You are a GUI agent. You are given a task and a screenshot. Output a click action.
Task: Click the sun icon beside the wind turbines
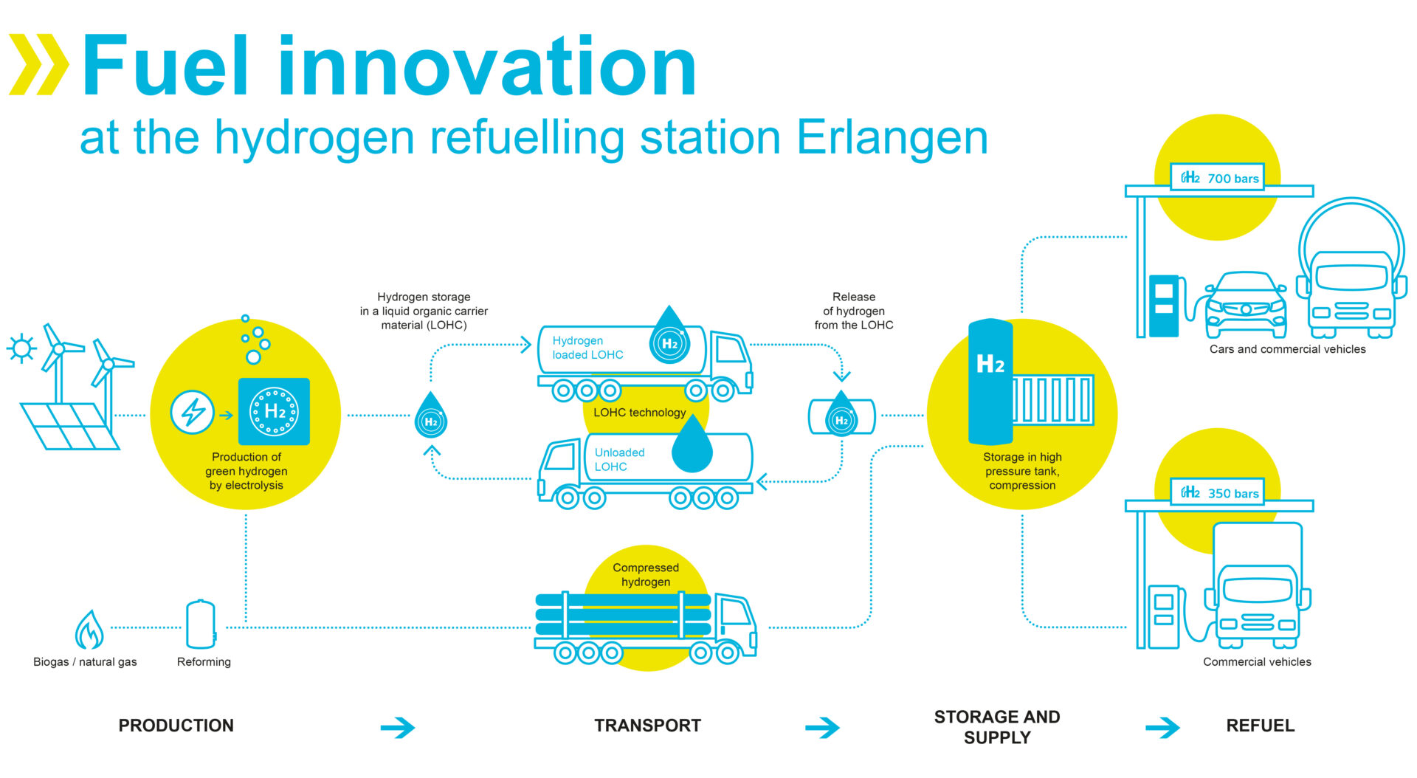click(21, 348)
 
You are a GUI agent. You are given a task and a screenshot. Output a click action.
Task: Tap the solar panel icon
click(70, 426)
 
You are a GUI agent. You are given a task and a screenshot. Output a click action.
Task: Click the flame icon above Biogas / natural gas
click(89, 630)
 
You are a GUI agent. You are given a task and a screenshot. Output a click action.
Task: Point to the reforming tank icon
click(201, 624)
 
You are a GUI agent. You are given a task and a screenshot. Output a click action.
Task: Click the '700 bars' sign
click(1217, 178)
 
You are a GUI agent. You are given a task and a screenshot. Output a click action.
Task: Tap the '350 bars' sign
click(1217, 492)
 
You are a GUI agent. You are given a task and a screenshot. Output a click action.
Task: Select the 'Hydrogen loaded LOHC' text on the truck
click(587, 348)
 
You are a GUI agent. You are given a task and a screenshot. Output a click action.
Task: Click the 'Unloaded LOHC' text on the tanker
click(619, 459)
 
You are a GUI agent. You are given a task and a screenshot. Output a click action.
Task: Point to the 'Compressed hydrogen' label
click(646, 574)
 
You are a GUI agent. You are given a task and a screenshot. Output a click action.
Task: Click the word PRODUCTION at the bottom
click(176, 726)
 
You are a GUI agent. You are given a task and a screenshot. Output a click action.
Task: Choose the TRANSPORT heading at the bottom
click(647, 726)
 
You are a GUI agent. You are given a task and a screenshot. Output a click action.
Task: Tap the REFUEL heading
click(1260, 726)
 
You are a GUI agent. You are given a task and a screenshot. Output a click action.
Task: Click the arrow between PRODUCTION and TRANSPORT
click(398, 728)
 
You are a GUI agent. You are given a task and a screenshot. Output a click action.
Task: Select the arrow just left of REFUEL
click(1162, 728)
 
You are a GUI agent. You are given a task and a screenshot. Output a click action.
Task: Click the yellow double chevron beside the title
click(38, 64)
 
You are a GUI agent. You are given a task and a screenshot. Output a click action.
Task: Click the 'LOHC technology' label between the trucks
click(639, 413)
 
